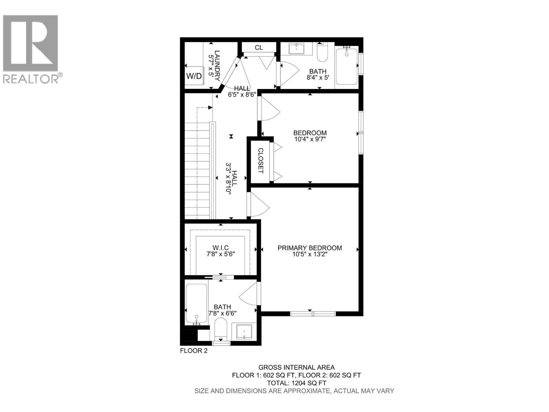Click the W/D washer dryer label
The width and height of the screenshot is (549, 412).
click(x=194, y=76)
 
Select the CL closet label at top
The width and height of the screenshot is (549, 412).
click(x=259, y=48)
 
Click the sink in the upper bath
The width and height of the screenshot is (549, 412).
click(x=296, y=49)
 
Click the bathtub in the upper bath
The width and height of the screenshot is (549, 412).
click(x=347, y=67)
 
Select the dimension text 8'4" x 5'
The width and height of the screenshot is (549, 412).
click(x=318, y=78)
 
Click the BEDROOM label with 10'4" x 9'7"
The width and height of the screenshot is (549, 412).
click(x=310, y=133)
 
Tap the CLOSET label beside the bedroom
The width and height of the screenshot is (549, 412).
click(x=260, y=160)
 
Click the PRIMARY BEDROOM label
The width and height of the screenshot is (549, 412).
click(x=309, y=248)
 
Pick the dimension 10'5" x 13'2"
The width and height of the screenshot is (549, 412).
click(x=309, y=254)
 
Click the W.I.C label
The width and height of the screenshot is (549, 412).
click(x=220, y=248)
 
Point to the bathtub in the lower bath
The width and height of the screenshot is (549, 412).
click(x=196, y=304)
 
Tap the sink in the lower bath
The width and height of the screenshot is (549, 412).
click(x=244, y=332)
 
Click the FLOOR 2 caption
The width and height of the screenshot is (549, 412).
click(x=194, y=351)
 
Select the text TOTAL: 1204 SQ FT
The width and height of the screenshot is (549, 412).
click(x=296, y=383)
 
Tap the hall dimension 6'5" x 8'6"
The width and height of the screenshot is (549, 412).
click(x=242, y=95)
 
